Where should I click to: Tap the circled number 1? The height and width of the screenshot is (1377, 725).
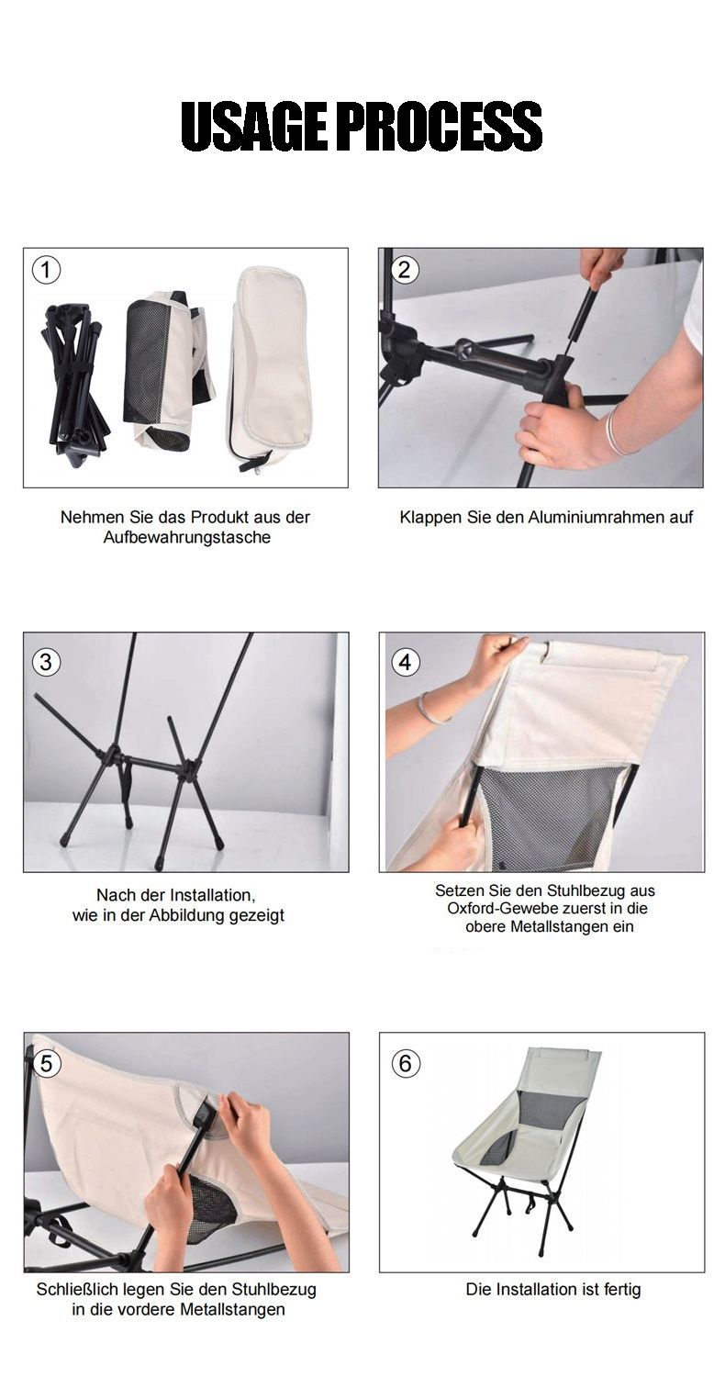(x=46, y=270)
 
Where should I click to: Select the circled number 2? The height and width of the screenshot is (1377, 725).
(x=405, y=270)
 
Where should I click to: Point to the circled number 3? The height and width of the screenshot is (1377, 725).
(x=46, y=662)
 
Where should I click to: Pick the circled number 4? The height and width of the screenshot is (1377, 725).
(x=406, y=662)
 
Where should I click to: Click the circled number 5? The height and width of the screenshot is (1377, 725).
(x=47, y=1063)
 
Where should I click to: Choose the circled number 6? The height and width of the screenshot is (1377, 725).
(x=406, y=1063)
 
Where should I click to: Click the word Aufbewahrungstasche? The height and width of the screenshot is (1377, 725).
(x=187, y=538)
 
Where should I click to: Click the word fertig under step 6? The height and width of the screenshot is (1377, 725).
(x=622, y=1290)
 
